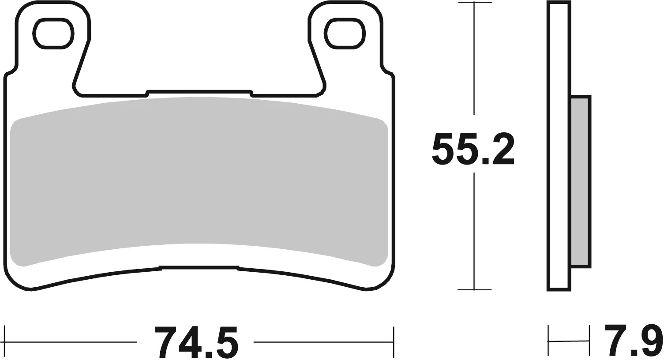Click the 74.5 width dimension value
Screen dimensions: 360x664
(x=196, y=342)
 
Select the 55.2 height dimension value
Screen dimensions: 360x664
(x=473, y=149)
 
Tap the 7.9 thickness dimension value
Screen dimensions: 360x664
(x=633, y=340)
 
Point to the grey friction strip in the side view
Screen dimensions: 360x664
(x=580, y=181)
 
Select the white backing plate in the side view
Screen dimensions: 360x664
(x=559, y=146)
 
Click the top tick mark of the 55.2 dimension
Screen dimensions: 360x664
(x=474, y=3)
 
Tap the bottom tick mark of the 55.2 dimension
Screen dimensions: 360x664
(x=474, y=290)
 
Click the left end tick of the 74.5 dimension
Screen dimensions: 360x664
(x=4, y=342)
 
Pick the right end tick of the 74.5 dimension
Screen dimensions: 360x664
(x=393, y=342)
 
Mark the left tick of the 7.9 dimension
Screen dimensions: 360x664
(x=548, y=341)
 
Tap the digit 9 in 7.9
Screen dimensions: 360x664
(x=653, y=340)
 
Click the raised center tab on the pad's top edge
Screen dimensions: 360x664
(x=199, y=92)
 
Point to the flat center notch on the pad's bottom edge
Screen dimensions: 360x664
(x=199, y=267)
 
